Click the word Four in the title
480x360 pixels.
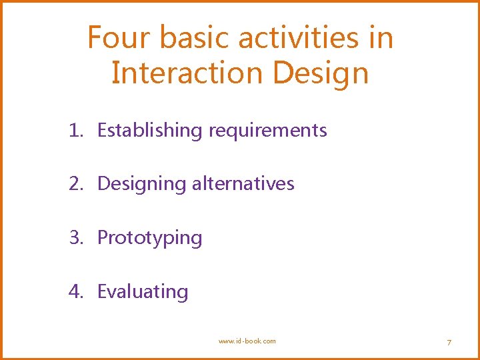pyautogui.click(x=117, y=38)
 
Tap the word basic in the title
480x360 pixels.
pyautogui.click(x=191, y=38)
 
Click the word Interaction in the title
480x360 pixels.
pyautogui.click(x=187, y=73)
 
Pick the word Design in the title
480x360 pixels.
pyautogui.click(x=321, y=74)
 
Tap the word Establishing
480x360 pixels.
pyautogui.click(x=149, y=131)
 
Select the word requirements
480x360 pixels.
pyautogui.click(x=267, y=131)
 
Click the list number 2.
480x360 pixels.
pyautogui.click(x=75, y=183)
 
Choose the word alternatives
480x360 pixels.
pyautogui.click(x=243, y=183)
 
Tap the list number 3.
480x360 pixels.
pyautogui.click(x=75, y=237)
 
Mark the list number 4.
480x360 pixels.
pyautogui.click(x=75, y=291)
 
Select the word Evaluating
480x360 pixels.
pyautogui.click(x=143, y=292)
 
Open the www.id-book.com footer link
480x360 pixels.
pyautogui.click(x=247, y=341)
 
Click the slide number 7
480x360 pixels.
pyautogui.click(x=449, y=342)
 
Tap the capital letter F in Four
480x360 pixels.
pyautogui.click(x=95, y=38)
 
